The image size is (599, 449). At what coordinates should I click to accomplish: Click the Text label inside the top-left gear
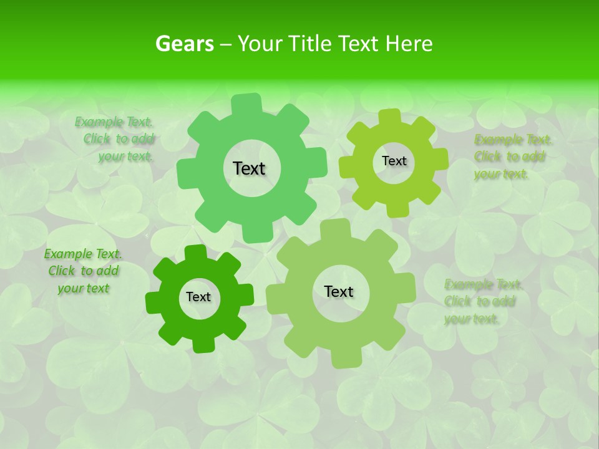[x=249, y=168]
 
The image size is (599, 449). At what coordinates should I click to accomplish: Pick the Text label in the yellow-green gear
[x=394, y=161]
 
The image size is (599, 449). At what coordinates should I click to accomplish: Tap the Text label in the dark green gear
[x=198, y=297]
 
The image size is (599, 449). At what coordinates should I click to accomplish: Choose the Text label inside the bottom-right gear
[x=339, y=291]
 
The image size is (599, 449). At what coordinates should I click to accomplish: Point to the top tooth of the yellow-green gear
[x=390, y=117]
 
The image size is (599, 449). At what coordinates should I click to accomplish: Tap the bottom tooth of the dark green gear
[x=202, y=345]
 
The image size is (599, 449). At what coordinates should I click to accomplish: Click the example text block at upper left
[x=115, y=140]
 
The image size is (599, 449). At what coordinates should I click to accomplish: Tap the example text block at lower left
[x=84, y=271]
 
